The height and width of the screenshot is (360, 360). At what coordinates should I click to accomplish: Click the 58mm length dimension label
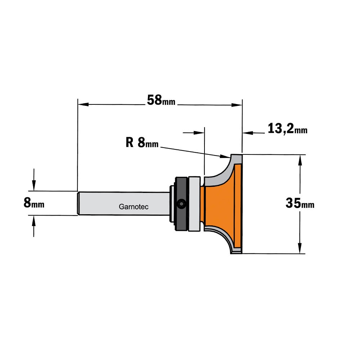click(161, 100)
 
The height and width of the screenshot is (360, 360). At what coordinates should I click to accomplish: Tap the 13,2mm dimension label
click(287, 129)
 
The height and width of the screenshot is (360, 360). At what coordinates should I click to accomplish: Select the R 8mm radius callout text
click(142, 143)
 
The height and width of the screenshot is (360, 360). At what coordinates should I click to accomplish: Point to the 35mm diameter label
click(300, 203)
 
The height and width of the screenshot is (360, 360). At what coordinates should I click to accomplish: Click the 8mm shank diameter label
click(34, 203)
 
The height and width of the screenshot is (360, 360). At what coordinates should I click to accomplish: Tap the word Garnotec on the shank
click(134, 207)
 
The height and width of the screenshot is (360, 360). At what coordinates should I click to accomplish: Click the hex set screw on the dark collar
click(181, 204)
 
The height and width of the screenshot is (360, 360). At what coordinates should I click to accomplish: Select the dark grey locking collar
click(181, 203)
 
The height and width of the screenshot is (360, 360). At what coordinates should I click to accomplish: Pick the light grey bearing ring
click(194, 204)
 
